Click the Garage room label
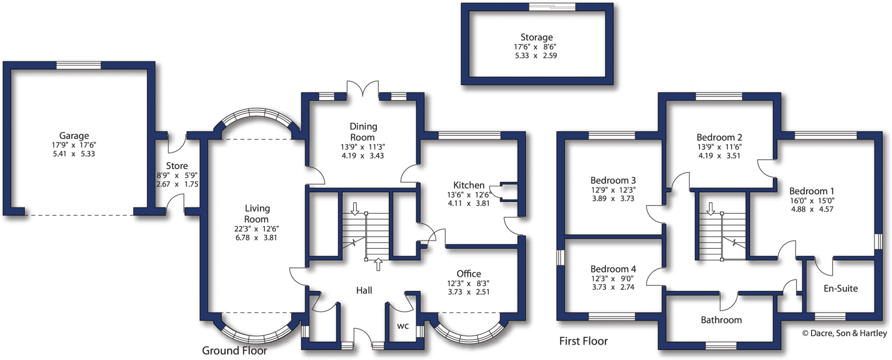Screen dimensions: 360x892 point(74,136)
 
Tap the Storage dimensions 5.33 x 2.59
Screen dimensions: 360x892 point(536,56)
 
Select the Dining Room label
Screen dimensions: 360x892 point(363,131)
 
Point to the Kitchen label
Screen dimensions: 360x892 point(469,185)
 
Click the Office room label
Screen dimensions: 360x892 point(469,274)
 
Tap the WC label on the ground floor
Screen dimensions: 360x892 point(403,326)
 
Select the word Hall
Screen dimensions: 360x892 point(364,290)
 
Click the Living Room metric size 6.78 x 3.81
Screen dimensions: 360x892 point(256,238)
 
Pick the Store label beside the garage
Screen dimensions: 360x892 point(177,166)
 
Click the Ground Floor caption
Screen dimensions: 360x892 point(234,350)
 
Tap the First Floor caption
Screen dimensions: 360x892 point(583,341)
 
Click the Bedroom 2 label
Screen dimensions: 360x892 point(719,138)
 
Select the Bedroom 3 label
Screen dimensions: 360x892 point(613,180)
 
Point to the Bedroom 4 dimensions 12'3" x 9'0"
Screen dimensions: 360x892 point(612,279)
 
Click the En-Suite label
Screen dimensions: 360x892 point(841,288)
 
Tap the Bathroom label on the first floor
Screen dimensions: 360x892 point(721,320)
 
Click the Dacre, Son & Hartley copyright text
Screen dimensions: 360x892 point(845,333)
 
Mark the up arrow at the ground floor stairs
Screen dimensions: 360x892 point(378,264)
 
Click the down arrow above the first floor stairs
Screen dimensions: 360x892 point(710,209)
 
